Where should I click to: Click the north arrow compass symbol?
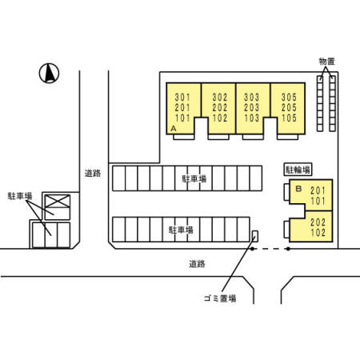[x=49, y=74]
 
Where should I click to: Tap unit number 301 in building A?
[x=182, y=98]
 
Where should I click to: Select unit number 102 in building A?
[x=220, y=118]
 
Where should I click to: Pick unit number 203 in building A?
[x=252, y=107]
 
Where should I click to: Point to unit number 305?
[x=289, y=98]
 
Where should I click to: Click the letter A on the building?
[x=174, y=129]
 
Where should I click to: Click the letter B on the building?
[x=298, y=189]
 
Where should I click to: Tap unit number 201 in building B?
[x=318, y=190]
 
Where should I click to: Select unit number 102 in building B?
[x=318, y=233]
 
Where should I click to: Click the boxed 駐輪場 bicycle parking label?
[x=298, y=170]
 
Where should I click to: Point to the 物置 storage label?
[x=326, y=62]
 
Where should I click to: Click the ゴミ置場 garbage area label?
[x=220, y=298]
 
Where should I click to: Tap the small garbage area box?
[x=255, y=236]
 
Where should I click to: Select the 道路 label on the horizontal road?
[x=197, y=264]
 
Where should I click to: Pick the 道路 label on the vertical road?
[x=93, y=174]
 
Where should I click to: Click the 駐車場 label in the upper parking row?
[x=194, y=178]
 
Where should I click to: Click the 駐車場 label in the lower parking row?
[x=181, y=230]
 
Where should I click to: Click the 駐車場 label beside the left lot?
[x=20, y=196]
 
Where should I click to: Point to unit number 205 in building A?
[x=289, y=107]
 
